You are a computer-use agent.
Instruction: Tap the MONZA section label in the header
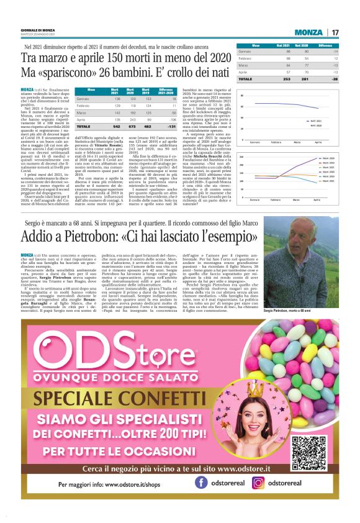[308, 32]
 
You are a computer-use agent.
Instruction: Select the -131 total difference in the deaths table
[165, 126]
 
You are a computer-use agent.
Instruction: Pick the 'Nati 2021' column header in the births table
[283, 46]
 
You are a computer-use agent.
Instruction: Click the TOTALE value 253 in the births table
[282, 80]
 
